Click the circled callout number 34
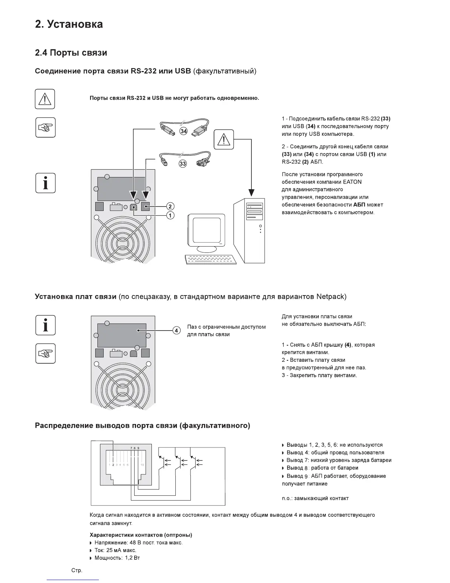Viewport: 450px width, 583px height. click(x=183, y=131)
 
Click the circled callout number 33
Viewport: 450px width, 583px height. click(x=183, y=163)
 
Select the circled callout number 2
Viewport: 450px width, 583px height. click(x=170, y=206)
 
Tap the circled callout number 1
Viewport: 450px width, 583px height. click(x=170, y=215)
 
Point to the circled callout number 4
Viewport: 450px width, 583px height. click(x=176, y=331)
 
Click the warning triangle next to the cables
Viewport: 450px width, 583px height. click(x=224, y=139)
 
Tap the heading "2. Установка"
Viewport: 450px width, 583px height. click(x=69, y=24)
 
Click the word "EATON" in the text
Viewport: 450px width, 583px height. click(x=352, y=182)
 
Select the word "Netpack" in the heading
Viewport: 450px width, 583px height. click(x=330, y=297)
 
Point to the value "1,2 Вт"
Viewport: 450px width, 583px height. click(x=132, y=558)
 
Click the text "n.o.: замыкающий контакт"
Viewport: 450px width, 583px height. click(x=315, y=498)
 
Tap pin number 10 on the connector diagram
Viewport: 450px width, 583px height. click(x=142, y=465)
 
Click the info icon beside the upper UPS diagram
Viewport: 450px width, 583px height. click(x=45, y=183)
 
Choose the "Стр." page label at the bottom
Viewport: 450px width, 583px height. click(x=77, y=571)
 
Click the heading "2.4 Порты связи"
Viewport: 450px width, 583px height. click(x=71, y=53)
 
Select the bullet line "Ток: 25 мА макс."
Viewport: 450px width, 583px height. click(x=115, y=550)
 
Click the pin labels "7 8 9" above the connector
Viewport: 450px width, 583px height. click(x=135, y=448)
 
